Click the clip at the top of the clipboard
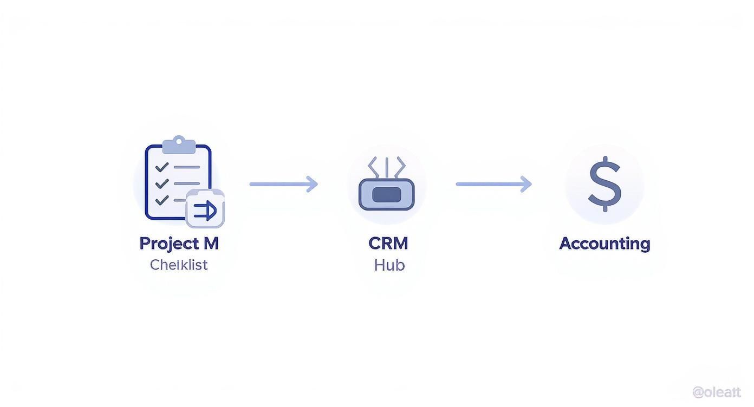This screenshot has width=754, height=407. [x=178, y=145]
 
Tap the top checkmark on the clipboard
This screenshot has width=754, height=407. [x=161, y=167]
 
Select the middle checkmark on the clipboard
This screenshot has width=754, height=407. [x=161, y=183]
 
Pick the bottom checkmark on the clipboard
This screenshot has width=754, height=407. [x=161, y=200]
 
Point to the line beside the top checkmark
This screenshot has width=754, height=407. [x=186, y=168]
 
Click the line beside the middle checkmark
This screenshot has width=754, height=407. [x=186, y=184]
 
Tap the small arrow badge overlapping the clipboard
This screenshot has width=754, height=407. [x=205, y=209]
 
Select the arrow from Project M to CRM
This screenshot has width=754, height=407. [x=283, y=184]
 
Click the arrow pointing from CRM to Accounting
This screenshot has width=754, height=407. [x=493, y=184]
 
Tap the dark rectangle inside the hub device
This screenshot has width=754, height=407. [x=386, y=195]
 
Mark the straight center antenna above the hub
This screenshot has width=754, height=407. [x=386, y=167]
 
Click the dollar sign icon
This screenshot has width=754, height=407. [x=604, y=184]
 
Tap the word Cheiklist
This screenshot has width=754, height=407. [x=179, y=265]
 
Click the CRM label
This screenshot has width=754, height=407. [x=388, y=244]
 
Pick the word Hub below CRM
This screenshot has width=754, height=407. [x=389, y=265]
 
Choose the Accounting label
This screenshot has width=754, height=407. [x=604, y=244]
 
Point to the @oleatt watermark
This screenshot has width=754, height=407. [x=717, y=392]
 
